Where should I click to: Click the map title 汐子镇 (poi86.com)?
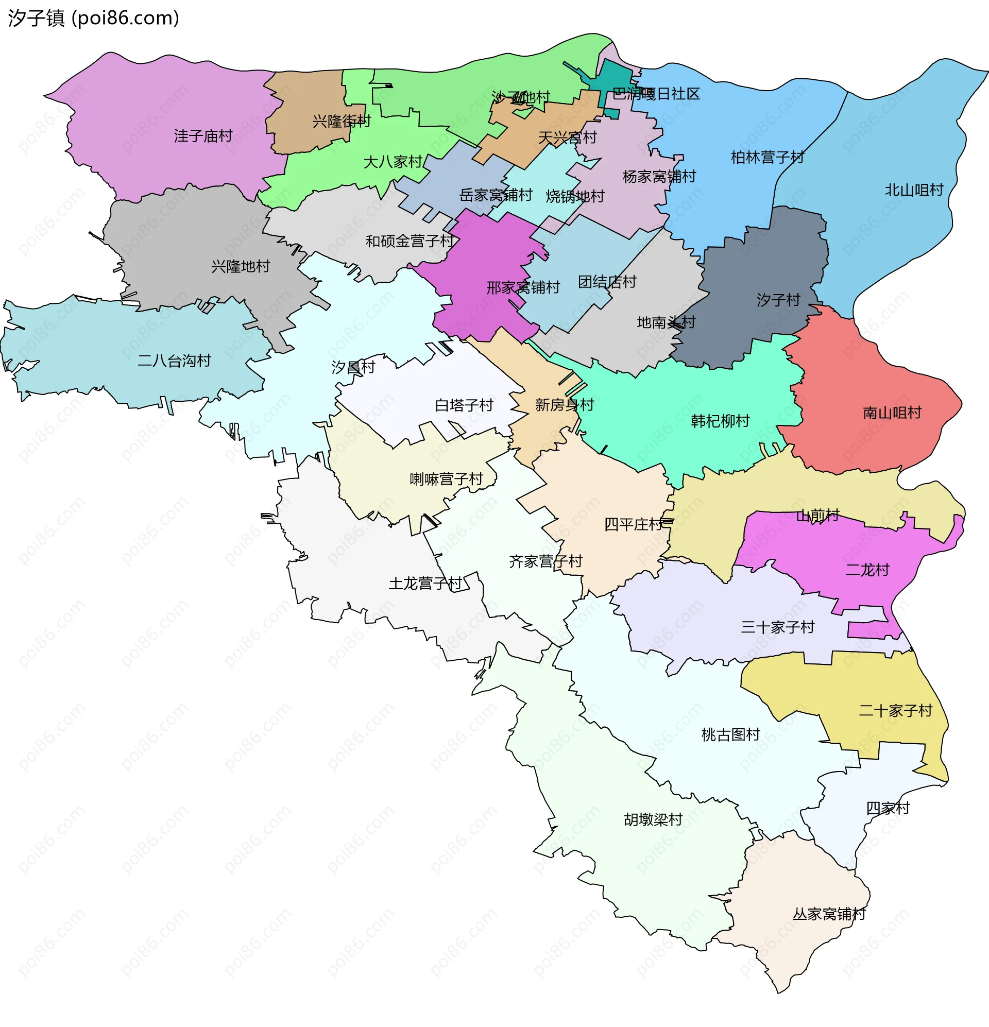(x=93, y=18)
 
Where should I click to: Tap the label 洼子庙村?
(x=203, y=136)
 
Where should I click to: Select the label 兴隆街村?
(x=341, y=122)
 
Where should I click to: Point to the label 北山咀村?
(x=913, y=190)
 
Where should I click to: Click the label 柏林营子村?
(x=767, y=157)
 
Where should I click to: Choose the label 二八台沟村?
(x=174, y=361)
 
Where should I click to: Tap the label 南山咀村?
(x=892, y=413)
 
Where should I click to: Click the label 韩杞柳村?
(x=720, y=421)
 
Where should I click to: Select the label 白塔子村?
(x=464, y=405)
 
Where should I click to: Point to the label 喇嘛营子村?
(x=446, y=479)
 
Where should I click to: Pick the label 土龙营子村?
(x=424, y=583)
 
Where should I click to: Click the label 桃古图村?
(x=730, y=734)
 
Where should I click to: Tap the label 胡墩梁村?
(x=653, y=819)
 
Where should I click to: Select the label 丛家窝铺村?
(x=829, y=914)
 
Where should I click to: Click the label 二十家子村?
(x=895, y=711)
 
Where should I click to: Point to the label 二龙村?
(x=867, y=570)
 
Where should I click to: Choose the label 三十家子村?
(x=777, y=627)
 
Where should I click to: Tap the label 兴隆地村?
(x=240, y=267)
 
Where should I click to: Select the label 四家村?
(x=888, y=808)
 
